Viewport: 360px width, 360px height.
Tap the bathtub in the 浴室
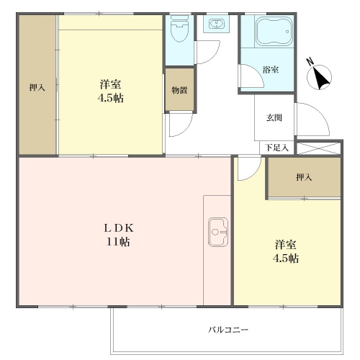[x=274, y=31]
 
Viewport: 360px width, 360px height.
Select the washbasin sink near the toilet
[x=217, y=24]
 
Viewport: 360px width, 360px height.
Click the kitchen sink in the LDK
[x=218, y=232]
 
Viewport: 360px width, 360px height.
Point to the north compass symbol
[x=320, y=77]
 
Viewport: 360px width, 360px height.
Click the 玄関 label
[x=274, y=118]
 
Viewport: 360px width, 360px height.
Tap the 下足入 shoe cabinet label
[x=277, y=148]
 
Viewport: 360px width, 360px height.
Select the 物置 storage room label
[x=179, y=90]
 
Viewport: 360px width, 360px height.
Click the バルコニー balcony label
[x=228, y=330]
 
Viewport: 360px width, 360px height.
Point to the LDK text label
[x=119, y=228]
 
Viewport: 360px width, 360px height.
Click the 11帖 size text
[x=118, y=242]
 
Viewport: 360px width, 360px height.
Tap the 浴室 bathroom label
[x=271, y=70]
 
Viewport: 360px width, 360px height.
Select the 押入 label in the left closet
[x=37, y=87]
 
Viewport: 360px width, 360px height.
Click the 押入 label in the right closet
[x=304, y=177]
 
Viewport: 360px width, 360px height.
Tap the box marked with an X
[x=319, y=148]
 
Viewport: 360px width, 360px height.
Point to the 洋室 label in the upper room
[x=110, y=84]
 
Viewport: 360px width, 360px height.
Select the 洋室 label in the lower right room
[x=286, y=245]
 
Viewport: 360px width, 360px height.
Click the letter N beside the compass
[x=311, y=62]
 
